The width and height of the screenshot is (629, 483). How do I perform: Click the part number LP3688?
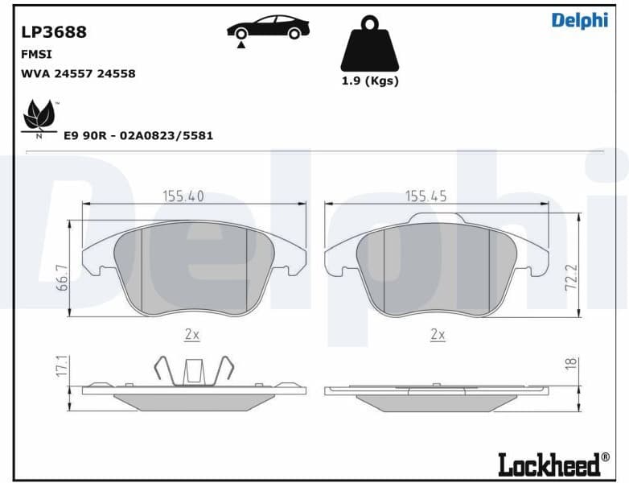click(x=54, y=33)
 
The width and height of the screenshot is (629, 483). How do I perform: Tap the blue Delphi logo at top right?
click(x=579, y=21)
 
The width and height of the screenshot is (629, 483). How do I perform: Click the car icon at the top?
click(x=268, y=28)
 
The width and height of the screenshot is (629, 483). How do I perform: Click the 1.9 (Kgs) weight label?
click(x=369, y=80)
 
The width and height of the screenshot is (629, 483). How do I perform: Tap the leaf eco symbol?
click(x=39, y=118)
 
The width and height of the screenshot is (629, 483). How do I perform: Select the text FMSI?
click(x=33, y=55)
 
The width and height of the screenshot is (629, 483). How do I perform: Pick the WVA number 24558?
click(x=116, y=73)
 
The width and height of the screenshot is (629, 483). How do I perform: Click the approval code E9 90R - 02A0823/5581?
click(x=138, y=136)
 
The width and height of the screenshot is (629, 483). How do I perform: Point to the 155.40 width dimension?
click(x=183, y=196)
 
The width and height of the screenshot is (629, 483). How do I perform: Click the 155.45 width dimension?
click(x=425, y=196)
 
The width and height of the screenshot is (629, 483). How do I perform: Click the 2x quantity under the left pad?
click(x=192, y=334)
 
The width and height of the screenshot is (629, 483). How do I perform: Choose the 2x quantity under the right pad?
click(x=438, y=334)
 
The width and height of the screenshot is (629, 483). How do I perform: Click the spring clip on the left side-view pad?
click(x=192, y=370)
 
